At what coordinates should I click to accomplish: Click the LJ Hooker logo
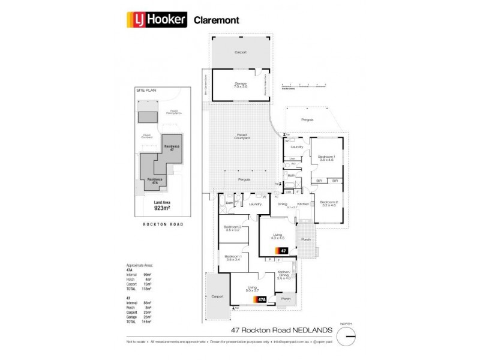pyautogui.click(x=157, y=20)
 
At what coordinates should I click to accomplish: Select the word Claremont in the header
pyautogui.click(x=217, y=20)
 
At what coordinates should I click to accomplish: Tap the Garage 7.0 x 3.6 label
pyautogui.click(x=241, y=85)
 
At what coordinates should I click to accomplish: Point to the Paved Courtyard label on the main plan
pyautogui.click(x=242, y=137)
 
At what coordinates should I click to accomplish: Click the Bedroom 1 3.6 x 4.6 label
pyautogui.click(x=327, y=157)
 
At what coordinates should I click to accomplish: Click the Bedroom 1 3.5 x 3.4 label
pyautogui.click(x=233, y=259)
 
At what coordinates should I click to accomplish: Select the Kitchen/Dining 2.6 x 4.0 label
pyautogui.click(x=284, y=275)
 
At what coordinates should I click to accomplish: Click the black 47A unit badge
pyautogui.click(x=262, y=299)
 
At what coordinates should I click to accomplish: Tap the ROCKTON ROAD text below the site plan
pyautogui.click(x=163, y=224)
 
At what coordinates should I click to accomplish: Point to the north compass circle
pyautogui.click(x=347, y=338)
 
